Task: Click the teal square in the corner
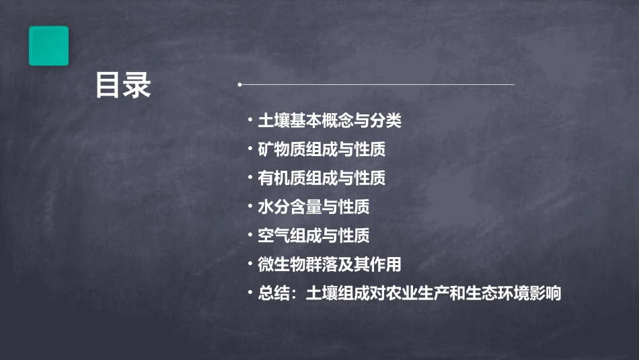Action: pyautogui.click(x=48, y=46)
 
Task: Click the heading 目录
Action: pyautogui.click(x=123, y=85)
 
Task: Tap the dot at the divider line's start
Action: pyautogui.click(x=239, y=85)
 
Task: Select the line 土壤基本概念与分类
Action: pyautogui.click(x=330, y=121)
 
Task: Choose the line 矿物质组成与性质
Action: pyautogui.click(x=322, y=149)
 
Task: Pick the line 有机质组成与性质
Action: pyautogui.click(x=322, y=178)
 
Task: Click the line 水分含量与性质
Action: pyautogui.click(x=313, y=207)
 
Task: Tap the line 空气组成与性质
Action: pyautogui.click(x=313, y=236)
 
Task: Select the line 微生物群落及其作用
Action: pyautogui.click(x=330, y=264)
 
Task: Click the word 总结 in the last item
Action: pyautogui.click(x=274, y=293)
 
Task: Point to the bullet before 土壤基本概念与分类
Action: pyautogui.click(x=250, y=121)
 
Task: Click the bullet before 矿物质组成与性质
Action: pyautogui.click(x=250, y=149)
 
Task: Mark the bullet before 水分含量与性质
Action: pyautogui.click(x=250, y=207)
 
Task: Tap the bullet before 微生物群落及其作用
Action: pyautogui.click(x=250, y=264)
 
